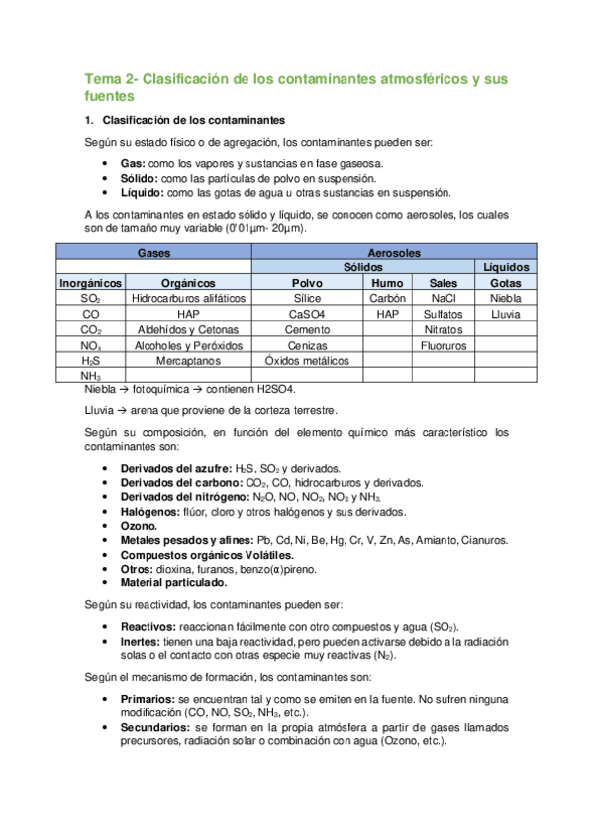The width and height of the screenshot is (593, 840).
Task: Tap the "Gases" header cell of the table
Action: tap(152, 253)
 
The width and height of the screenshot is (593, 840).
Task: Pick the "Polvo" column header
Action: tap(307, 282)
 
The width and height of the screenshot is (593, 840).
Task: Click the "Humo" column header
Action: tap(387, 282)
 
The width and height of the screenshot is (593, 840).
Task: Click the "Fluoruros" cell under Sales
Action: tap(443, 345)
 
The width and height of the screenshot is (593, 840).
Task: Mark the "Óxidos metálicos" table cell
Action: tap(307, 361)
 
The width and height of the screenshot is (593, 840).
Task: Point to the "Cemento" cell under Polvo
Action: tap(307, 329)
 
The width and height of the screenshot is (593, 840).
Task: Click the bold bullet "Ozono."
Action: tap(139, 526)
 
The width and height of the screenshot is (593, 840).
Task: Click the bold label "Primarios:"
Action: tap(150, 699)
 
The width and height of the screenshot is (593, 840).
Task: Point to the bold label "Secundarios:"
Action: tap(158, 727)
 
